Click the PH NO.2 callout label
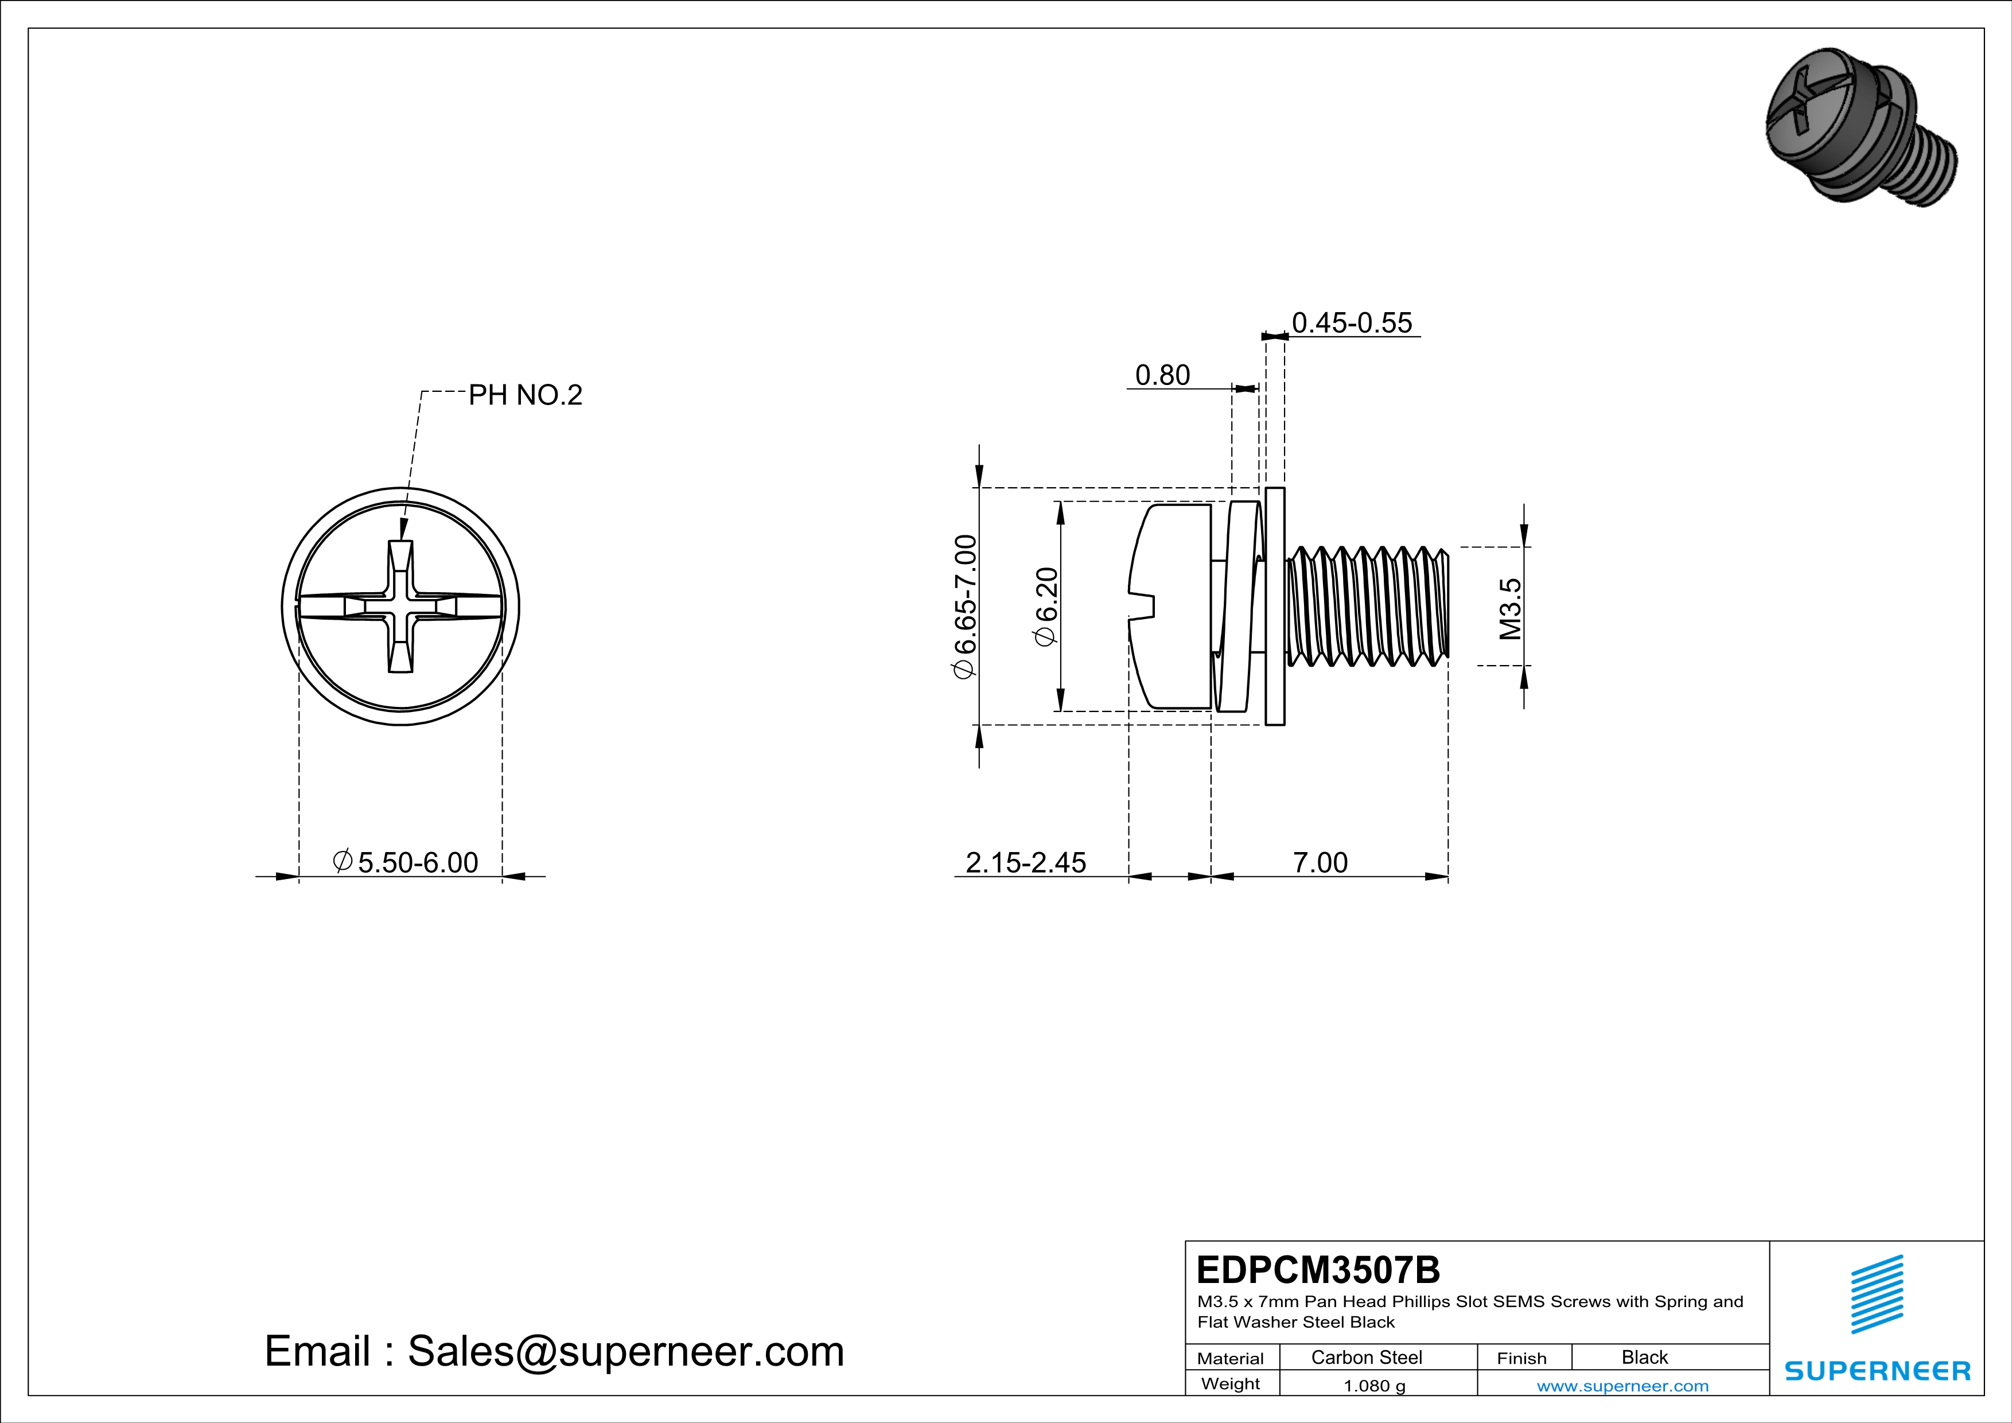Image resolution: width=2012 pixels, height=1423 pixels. (525, 395)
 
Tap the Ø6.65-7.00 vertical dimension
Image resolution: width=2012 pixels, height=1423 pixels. (965, 606)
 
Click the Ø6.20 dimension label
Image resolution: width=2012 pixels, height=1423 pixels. (1046, 606)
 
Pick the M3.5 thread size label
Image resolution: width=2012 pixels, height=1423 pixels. (1510, 609)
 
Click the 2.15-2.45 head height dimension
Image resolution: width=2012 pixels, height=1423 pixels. (1025, 862)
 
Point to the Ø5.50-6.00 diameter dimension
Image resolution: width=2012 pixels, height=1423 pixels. (406, 862)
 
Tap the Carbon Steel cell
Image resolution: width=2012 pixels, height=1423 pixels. (1366, 1357)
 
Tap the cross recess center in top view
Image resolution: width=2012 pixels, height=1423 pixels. (400, 606)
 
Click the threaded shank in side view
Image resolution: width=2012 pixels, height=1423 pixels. (1367, 606)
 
